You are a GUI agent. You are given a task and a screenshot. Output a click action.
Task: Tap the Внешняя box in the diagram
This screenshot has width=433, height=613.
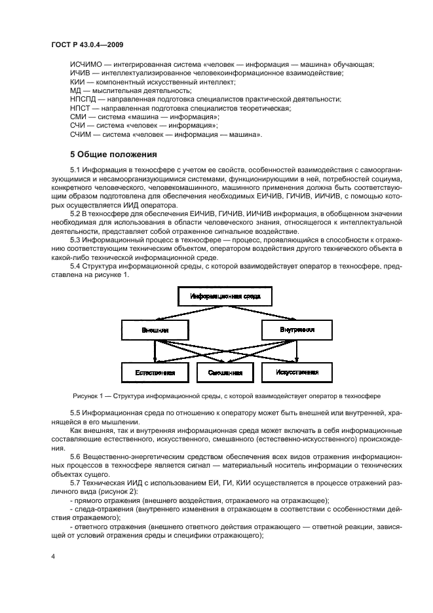tap(155, 330)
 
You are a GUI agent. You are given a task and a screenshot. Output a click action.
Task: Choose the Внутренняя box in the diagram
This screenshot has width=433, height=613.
tap(297, 329)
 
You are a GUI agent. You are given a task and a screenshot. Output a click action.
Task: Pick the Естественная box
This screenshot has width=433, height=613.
tap(155, 372)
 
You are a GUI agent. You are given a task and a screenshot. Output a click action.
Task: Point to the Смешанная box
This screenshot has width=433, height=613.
tap(225, 372)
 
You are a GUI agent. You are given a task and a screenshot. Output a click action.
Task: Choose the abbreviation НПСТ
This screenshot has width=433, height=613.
tap(81, 107)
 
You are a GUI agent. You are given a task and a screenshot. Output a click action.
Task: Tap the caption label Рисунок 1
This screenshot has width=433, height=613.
tap(90, 396)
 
